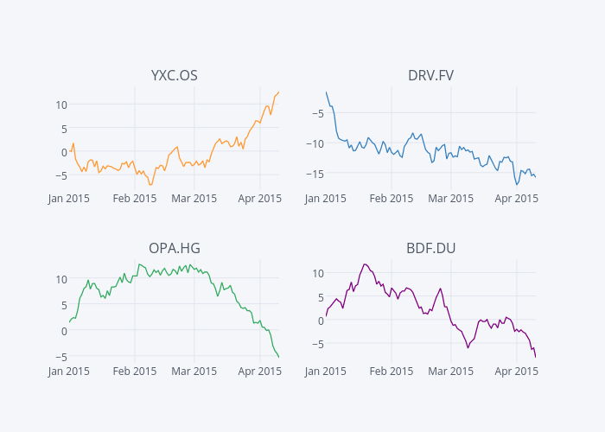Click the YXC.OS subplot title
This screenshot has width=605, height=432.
coord(174,76)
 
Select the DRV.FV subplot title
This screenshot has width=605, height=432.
coord(430,76)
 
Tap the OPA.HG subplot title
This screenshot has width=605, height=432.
coord(174,249)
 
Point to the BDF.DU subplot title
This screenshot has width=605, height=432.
coord(430,249)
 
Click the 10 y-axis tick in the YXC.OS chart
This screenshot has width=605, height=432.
coord(61,105)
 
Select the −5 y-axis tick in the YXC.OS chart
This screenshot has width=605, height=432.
coord(59,175)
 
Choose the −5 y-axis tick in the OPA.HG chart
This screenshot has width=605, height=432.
coord(59,357)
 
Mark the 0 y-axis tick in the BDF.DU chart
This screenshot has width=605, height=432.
coord(321,321)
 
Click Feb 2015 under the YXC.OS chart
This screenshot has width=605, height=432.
coord(135,198)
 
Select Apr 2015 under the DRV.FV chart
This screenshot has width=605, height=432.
coord(517,198)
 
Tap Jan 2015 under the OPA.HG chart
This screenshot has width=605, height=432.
coord(69,371)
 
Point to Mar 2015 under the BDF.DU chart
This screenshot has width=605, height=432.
coord(451,371)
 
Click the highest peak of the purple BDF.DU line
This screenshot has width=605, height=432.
coord(365,264)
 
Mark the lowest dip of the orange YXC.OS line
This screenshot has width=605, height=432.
coord(150,185)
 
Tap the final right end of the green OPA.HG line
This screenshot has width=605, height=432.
coord(278,357)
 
